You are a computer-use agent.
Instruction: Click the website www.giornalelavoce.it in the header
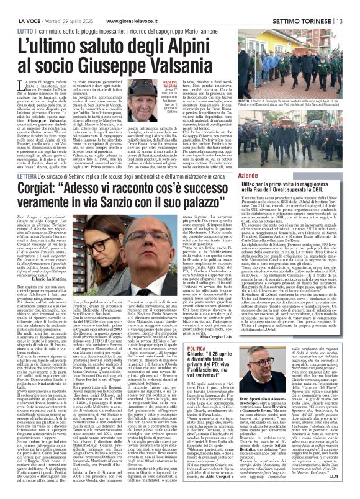tap(109, 5)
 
